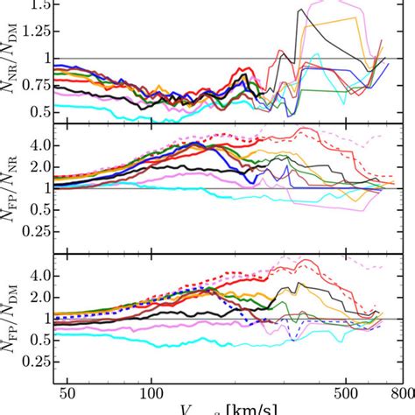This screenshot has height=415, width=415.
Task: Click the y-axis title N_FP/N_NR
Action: click(11, 187)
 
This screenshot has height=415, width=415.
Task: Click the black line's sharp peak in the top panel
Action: click(300, 10)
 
